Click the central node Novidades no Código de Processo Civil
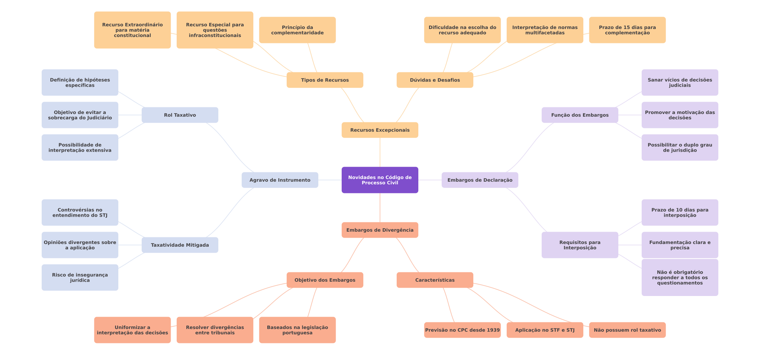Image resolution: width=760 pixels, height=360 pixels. click(x=380, y=180)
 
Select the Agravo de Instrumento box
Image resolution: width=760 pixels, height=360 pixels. click(x=280, y=180)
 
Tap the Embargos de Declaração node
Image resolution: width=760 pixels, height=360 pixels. click(x=480, y=180)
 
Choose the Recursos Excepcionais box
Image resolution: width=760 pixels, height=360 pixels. click(x=380, y=130)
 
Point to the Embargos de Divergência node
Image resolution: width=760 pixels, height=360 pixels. click(x=380, y=230)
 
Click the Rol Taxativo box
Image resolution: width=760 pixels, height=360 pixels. click(x=180, y=115)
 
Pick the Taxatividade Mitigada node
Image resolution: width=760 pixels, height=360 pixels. click(x=180, y=245)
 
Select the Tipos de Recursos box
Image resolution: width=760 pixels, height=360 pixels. click(x=325, y=80)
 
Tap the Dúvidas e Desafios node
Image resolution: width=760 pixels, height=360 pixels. click(x=435, y=80)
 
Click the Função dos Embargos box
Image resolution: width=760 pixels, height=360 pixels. click(x=580, y=115)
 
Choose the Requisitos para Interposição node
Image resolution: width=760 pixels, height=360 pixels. click(x=580, y=245)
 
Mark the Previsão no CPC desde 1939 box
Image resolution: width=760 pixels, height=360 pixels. click(x=462, y=330)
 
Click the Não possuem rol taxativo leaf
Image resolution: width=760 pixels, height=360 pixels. click(x=627, y=330)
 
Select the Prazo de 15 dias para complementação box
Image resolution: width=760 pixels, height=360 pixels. click(x=627, y=30)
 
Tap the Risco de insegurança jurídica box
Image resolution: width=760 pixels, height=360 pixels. click(x=80, y=277)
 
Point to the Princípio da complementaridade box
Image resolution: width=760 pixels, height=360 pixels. click(x=297, y=30)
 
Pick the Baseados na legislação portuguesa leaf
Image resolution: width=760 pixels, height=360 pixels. click(x=297, y=330)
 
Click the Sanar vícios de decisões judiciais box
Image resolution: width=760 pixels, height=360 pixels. click(x=680, y=82)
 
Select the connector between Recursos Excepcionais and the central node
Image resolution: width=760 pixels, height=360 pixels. click(x=380, y=152)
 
